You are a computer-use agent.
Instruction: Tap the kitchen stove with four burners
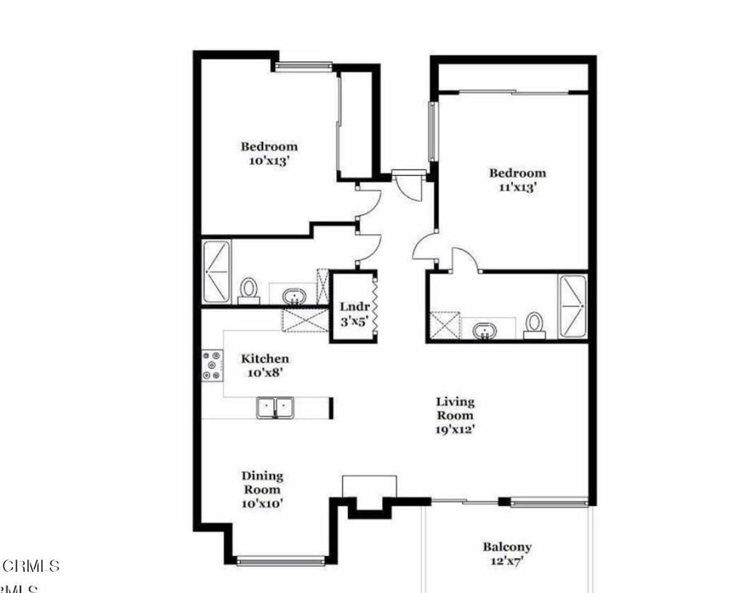[212, 366]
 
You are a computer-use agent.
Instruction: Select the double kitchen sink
[275, 408]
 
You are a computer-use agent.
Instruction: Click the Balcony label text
[507, 547]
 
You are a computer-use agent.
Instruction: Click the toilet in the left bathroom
[249, 289]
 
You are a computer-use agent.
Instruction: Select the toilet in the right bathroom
[535, 324]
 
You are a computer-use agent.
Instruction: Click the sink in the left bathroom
[294, 296]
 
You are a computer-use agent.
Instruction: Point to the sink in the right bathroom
[483, 331]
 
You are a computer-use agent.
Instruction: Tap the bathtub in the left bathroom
[216, 272]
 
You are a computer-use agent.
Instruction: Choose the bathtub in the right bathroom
[573, 305]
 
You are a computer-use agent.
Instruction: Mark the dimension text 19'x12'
[455, 429]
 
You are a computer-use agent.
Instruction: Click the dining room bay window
[281, 560]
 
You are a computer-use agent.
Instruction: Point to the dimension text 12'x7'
[507, 561]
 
